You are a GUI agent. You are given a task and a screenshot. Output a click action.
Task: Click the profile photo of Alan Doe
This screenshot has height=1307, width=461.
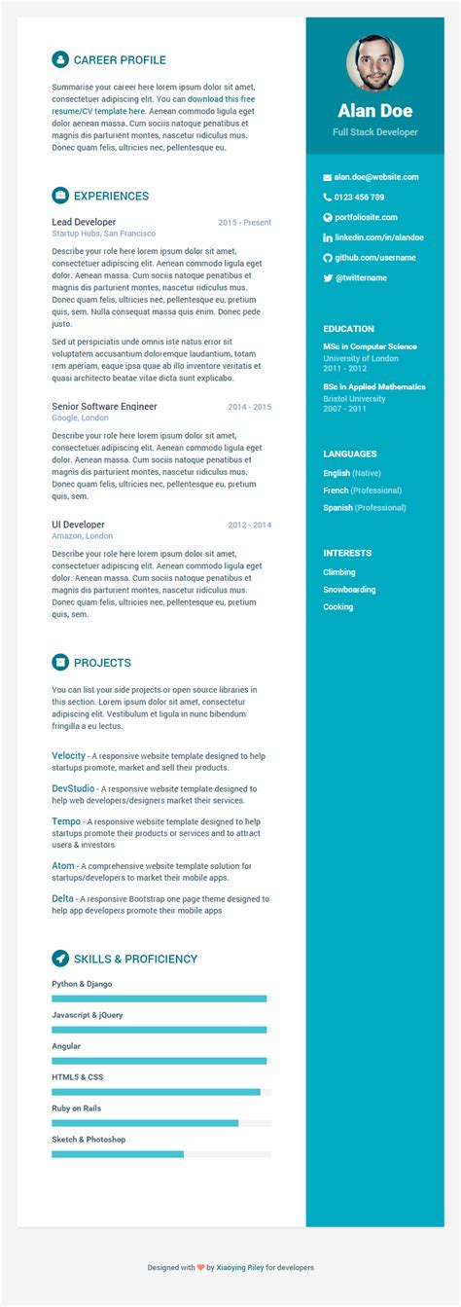click(x=374, y=63)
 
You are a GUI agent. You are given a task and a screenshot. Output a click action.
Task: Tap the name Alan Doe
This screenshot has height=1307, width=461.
click(x=374, y=111)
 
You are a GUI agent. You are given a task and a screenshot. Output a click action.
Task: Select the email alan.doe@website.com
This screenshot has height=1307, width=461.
click(x=376, y=177)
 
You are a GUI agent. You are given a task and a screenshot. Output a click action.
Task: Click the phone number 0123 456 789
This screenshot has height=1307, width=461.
click(x=359, y=198)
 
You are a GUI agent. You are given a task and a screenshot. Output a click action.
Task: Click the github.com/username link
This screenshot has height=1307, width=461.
click(x=374, y=258)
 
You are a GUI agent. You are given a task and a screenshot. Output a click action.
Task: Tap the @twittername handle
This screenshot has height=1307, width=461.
click(x=361, y=278)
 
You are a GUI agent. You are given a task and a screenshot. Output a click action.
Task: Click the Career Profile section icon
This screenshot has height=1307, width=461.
click(x=60, y=59)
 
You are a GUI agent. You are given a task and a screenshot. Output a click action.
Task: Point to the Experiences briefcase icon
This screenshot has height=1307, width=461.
click(x=60, y=196)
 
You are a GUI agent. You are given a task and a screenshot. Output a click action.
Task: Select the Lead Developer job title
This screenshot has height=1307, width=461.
click(x=84, y=222)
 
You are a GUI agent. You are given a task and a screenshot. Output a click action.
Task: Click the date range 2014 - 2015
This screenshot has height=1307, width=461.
click(x=249, y=407)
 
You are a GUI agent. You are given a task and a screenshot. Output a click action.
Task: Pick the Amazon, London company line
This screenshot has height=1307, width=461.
click(x=83, y=536)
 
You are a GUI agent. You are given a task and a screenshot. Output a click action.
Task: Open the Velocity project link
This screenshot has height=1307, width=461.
click(x=69, y=755)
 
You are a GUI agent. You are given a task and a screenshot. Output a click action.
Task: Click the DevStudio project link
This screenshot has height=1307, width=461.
click(x=73, y=788)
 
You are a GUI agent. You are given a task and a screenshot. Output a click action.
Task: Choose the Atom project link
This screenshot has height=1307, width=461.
click(x=62, y=865)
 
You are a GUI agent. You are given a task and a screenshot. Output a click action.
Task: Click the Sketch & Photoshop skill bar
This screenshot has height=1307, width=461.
click(x=160, y=1154)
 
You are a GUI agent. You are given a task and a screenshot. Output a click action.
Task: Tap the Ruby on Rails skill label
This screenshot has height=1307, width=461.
click(x=77, y=1108)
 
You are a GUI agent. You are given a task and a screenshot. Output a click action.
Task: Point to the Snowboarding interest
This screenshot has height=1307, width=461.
click(x=349, y=590)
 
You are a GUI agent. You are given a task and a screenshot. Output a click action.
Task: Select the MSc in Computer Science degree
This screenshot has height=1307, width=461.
click(x=370, y=346)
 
